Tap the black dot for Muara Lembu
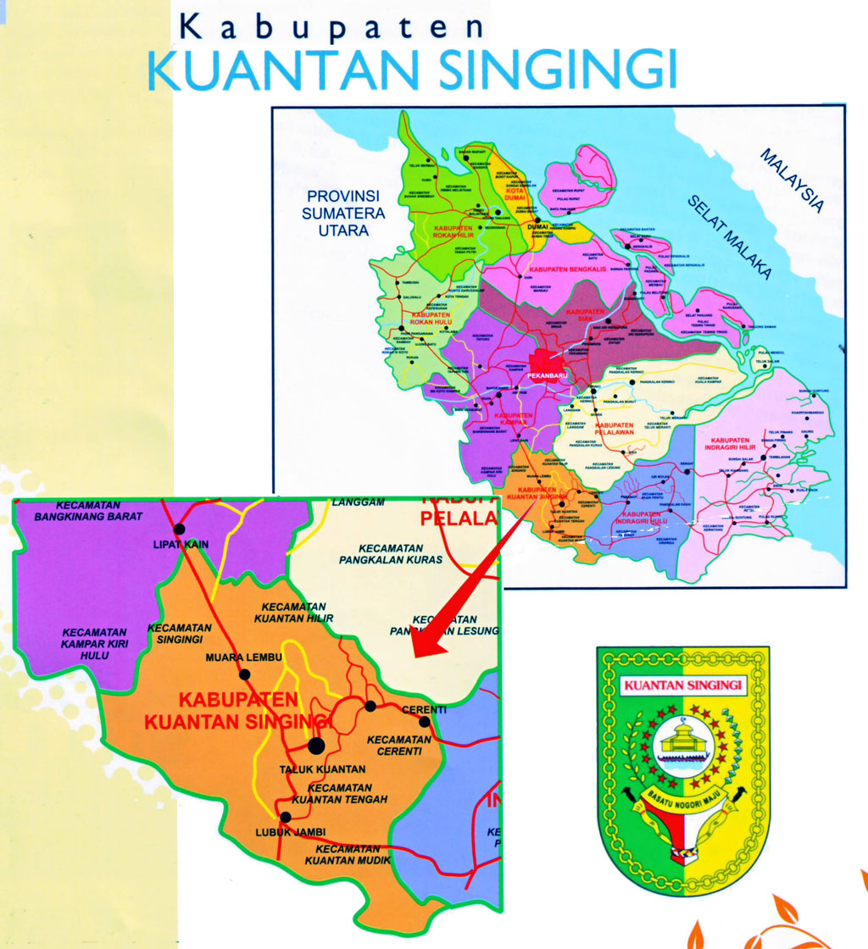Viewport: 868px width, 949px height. tap(245, 674)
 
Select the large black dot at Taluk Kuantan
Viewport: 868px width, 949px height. tap(315, 746)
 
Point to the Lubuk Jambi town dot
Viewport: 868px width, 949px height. tap(286, 818)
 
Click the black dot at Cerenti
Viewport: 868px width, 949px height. tap(424, 722)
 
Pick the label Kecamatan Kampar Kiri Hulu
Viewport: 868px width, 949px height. tap(94, 643)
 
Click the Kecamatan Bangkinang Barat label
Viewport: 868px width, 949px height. tap(88, 509)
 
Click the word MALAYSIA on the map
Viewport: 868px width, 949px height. tap(792, 180)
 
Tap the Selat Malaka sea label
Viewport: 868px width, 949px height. tap(729, 237)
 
